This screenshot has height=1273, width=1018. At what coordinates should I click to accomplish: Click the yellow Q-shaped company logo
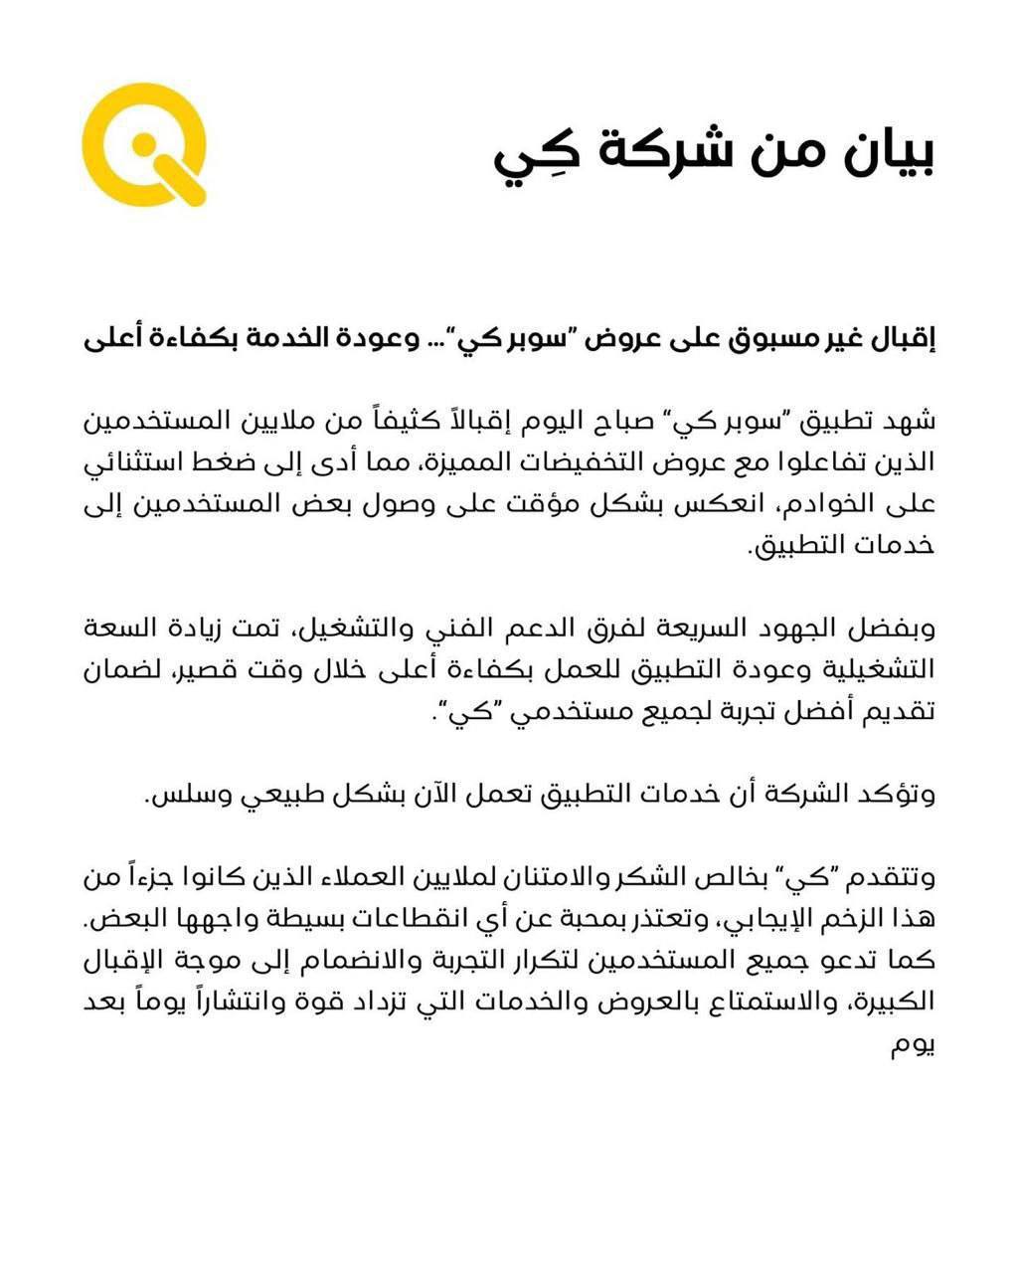click(x=143, y=143)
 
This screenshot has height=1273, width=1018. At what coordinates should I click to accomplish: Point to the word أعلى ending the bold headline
click(x=108, y=338)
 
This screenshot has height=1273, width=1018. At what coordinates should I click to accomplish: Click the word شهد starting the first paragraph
click(x=914, y=421)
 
